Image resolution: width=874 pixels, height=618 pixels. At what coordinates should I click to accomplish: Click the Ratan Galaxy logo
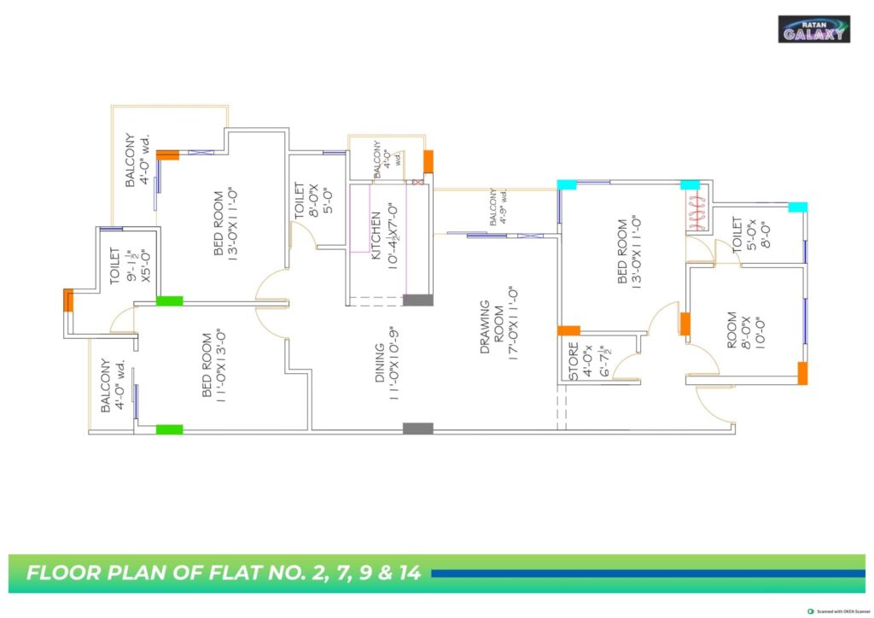(813, 29)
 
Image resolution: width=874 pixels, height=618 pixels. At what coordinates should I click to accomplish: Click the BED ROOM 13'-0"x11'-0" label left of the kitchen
(226, 224)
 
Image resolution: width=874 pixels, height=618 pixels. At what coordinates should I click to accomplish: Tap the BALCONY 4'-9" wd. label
(499, 209)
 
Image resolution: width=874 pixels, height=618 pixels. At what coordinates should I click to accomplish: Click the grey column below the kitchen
(417, 300)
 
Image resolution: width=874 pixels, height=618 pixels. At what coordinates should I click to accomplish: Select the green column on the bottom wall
(169, 429)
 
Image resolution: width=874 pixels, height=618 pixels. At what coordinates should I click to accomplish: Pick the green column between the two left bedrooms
(169, 300)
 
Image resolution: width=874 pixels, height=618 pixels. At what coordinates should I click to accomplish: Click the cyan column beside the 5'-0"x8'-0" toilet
(797, 207)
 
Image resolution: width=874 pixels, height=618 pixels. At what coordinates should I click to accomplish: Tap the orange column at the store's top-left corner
(568, 330)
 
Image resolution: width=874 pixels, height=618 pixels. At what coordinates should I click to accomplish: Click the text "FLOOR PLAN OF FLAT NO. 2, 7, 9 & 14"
(224, 573)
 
